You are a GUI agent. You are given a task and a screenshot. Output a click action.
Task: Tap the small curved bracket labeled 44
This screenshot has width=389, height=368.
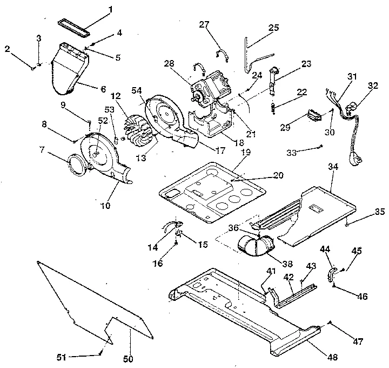(x=331, y=273)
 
